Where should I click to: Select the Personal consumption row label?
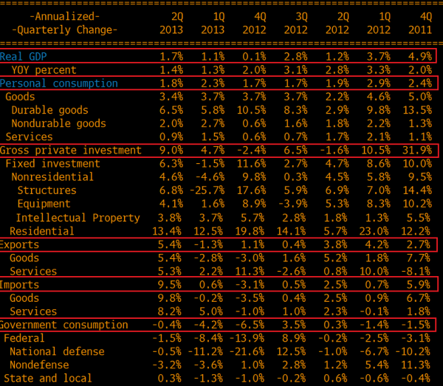pyautogui.click(x=59, y=83)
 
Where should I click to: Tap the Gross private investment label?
pyautogui.click(x=70, y=151)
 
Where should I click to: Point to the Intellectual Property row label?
pyautogui.click(x=78, y=218)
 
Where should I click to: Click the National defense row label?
pyautogui.click(x=57, y=351)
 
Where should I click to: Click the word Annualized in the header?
pyautogui.click(x=65, y=16)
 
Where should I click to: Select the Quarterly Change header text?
pyautogui.click(x=65, y=30)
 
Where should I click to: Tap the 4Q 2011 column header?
pyautogui.click(x=417, y=23)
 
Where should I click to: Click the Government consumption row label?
pyautogui.click(x=64, y=325)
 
